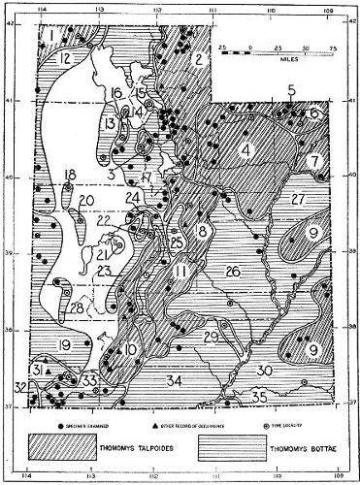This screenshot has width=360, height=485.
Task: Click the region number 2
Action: coord(198,60)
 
